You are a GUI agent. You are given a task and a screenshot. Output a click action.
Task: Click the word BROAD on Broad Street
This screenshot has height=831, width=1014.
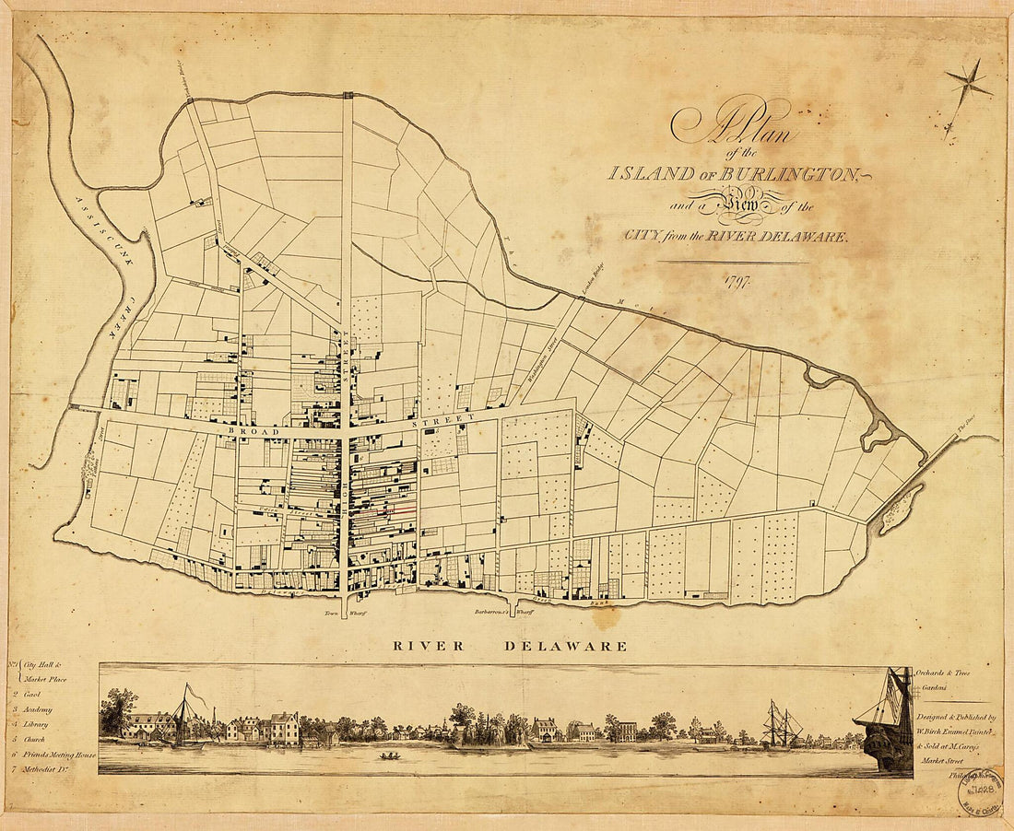click(x=248, y=430)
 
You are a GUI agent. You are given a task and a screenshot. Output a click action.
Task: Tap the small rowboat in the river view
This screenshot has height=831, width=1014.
click(x=391, y=756)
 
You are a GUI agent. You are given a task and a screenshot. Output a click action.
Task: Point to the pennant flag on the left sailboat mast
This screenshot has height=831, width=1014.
click(x=195, y=695)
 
